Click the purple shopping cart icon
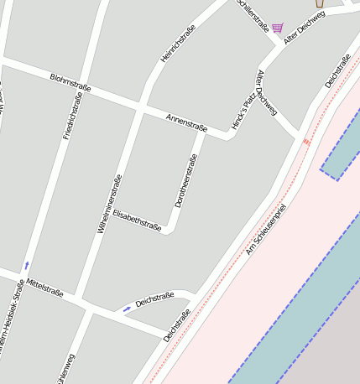point(277,28)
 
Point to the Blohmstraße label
point(70,82)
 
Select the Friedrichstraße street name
point(72,117)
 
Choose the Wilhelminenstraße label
point(110,203)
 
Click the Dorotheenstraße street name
point(185,180)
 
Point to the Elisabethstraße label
point(137,219)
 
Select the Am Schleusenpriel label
point(266,229)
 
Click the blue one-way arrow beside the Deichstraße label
point(127,309)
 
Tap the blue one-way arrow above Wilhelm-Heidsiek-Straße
point(26,265)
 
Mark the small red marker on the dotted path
point(306,142)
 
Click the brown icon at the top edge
point(319,3)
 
